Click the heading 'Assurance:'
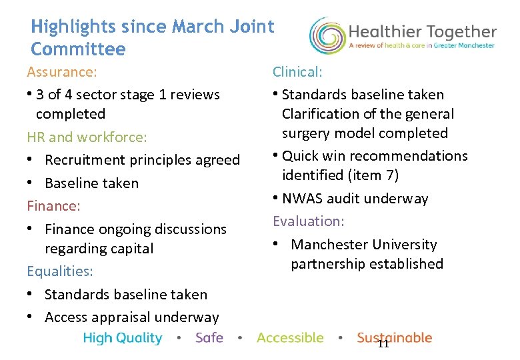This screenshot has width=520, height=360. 62,71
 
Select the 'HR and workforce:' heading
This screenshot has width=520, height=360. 87,137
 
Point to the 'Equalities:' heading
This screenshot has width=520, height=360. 60,271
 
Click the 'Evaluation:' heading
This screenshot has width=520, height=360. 308,221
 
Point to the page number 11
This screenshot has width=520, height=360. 383,344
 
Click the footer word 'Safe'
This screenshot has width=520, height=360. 209,338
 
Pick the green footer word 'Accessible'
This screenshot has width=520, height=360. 290,338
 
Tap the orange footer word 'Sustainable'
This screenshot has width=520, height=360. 395,338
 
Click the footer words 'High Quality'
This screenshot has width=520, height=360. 123,338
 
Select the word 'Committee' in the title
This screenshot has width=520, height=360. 78,49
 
